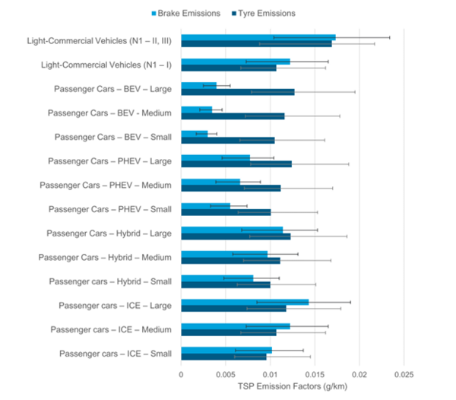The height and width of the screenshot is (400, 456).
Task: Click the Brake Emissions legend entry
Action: click(x=188, y=14)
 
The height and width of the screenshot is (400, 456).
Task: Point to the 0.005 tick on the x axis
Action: click(x=226, y=374)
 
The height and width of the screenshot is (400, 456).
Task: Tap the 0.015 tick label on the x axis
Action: click(x=315, y=374)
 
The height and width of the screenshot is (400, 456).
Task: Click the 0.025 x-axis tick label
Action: click(x=404, y=374)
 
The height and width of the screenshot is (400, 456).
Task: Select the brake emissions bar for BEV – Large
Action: click(x=198, y=85)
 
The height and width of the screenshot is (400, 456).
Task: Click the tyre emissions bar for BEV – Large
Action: click(x=237, y=92)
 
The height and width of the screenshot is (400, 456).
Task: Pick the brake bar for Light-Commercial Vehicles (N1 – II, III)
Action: click(x=258, y=37)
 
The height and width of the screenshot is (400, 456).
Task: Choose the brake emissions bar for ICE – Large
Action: click(x=244, y=302)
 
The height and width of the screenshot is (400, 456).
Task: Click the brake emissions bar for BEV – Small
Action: click(x=194, y=134)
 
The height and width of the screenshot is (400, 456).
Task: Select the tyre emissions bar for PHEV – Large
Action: click(x=236, y=164)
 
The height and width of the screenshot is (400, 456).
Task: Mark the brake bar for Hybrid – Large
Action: click(x=231, y=230)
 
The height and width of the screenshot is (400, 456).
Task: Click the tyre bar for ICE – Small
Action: click(x=223, y=357)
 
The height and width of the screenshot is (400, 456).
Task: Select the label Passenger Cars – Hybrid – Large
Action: click(x=109, y=233)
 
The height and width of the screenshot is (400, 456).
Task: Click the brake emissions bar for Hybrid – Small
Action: click(x=217, y=278)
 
